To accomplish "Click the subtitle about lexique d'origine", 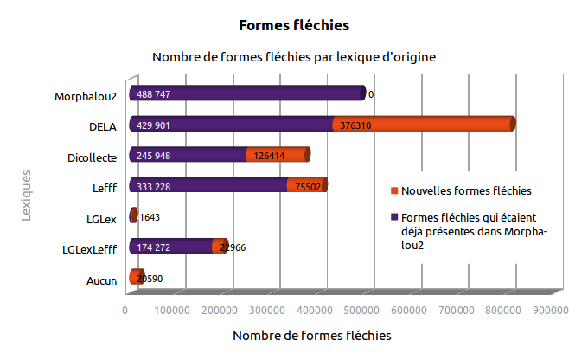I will tap(293, 57).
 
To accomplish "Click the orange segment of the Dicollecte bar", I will tap(277, 155).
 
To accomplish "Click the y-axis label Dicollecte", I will tap(92, 157).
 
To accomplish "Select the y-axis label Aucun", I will tap(102, 280).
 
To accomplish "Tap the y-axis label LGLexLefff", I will tap(90, 249).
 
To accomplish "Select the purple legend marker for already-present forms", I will tap(393, 216).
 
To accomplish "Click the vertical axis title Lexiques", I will tap(27, 196).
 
